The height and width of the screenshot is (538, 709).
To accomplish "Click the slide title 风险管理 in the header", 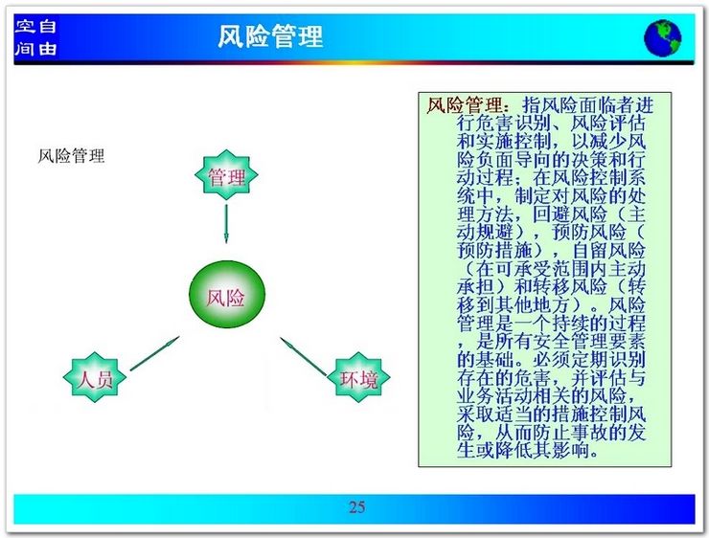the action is pos(270,36).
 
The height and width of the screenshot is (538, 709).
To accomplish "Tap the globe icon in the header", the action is pos(662,37).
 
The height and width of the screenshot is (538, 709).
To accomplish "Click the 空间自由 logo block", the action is pos(35,37).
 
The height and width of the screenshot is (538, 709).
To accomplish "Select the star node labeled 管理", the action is pos(226,175).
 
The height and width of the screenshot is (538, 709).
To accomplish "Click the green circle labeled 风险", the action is pos(226,296).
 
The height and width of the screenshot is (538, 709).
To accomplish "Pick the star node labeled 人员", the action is pos(95,377).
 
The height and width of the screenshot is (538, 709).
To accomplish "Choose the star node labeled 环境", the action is pos(358,378).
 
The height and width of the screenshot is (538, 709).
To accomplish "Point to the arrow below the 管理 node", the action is pos(226,224).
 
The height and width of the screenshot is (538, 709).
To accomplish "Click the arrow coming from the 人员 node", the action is pos(154,353).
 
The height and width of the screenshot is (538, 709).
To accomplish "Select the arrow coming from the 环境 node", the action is pos(304,356).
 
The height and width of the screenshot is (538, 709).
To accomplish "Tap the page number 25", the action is pos(356,506).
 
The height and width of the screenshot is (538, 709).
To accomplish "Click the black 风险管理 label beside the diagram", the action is pos(71,156).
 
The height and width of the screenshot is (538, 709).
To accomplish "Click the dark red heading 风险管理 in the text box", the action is pos(465,105).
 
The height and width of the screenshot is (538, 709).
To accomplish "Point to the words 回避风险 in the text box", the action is pos(570,214).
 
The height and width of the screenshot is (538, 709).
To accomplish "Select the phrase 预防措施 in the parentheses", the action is pos(494,250).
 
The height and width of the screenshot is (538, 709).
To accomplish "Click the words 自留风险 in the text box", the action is pos(608,250).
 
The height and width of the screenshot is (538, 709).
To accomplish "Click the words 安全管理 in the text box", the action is pos(571,341).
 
